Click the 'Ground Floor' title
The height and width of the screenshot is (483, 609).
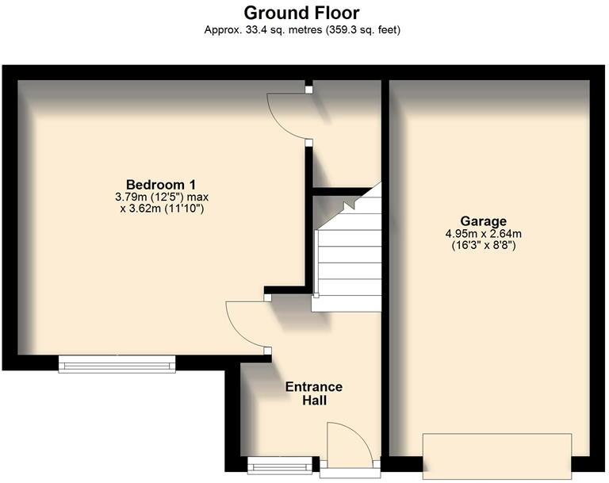click(301, 13)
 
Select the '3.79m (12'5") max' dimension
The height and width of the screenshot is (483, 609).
click(162, 197)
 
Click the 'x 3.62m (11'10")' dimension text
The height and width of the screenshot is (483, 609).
click(162, 209)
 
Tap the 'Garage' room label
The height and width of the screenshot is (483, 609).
click(484, 220)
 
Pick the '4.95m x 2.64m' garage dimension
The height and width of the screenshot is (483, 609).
click(484, 233)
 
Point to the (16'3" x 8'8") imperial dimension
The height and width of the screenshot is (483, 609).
click(484, 246)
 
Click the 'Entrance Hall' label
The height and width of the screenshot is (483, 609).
click(314, 393)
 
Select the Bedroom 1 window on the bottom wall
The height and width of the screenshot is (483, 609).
click(117, 364)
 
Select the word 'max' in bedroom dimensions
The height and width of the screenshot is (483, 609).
click(197, 197)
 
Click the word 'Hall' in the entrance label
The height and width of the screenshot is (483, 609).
click(314, 401)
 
